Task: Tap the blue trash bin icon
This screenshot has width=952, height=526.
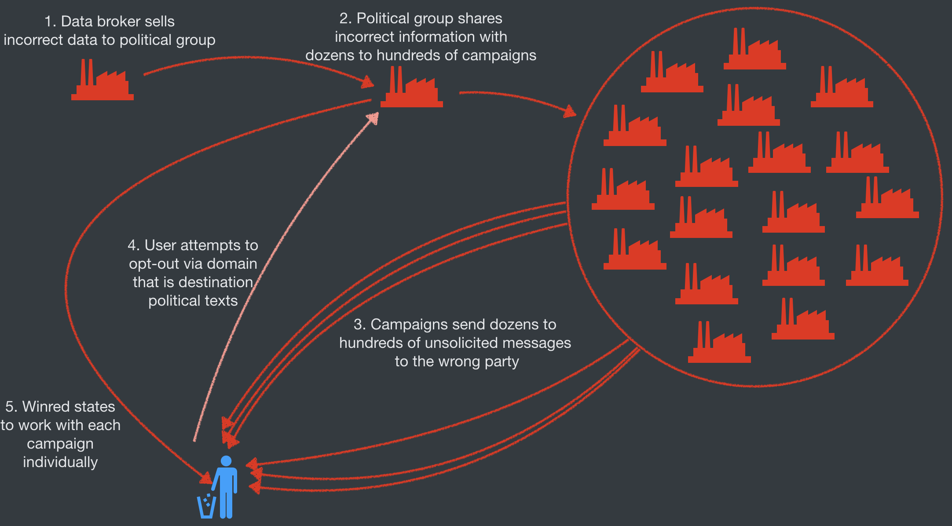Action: pyautogui.click(x=206, y=507)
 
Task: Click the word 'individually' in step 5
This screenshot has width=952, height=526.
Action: pyautogui.click(x=60, y=462)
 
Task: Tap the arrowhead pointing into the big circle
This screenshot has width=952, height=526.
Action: pyautogui.click(x=571, y=112)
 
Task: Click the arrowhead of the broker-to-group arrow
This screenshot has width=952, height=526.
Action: pyautogui.click(x=367, y=82)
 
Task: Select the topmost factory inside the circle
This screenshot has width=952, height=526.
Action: pyautogui.click(x=755, y=51)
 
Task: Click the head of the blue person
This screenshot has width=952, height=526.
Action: pyautogui.click(x=226, y=461)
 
